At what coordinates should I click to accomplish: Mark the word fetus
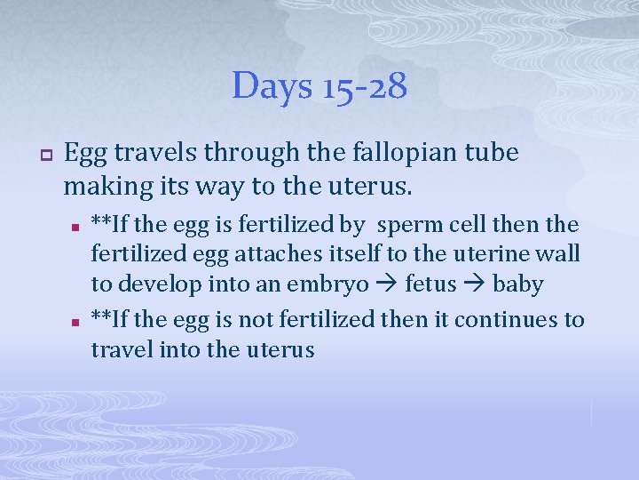pos(431,284)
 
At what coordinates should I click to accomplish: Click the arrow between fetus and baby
pos(474,285)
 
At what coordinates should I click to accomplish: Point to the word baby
pos(517,284)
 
